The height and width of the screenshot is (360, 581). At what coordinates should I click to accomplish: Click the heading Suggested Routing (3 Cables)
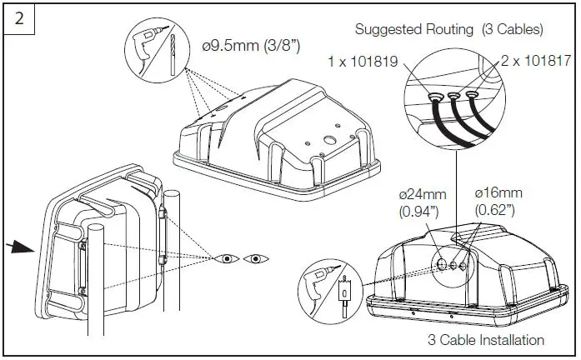tap(449, 29)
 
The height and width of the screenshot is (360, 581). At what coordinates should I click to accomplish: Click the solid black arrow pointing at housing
tap(26, 247)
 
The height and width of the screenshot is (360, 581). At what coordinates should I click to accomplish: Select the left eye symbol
tap(225, 259)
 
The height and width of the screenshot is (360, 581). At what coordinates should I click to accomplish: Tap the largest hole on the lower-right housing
tap(438, 267)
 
